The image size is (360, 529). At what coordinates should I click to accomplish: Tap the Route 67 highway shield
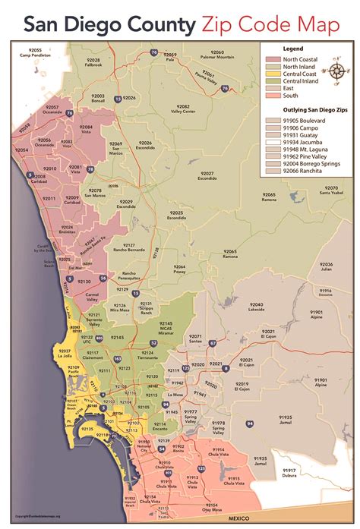213,343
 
